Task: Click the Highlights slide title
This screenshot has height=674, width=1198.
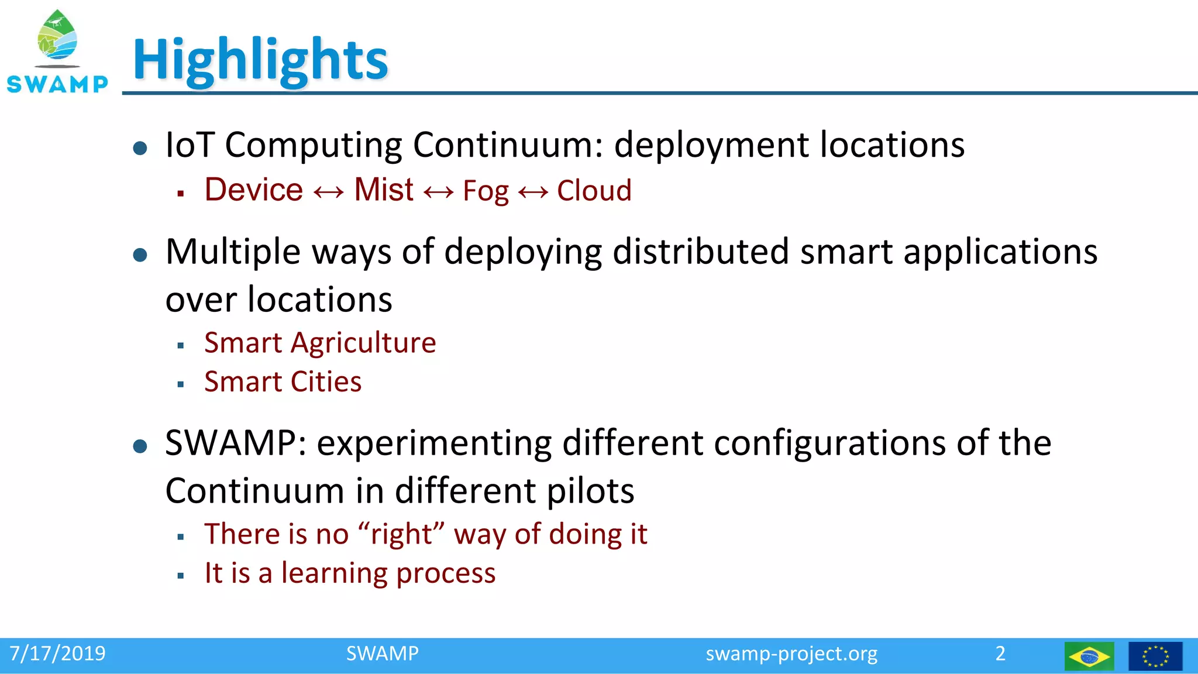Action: pyautogui.click(x=260, y=60)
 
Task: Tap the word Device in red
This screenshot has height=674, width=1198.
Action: pyautogui.click(x=254, y=190)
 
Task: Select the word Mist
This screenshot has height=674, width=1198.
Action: pyautogui.click(x=384, y=190)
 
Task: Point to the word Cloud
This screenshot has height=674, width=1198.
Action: pyautogui.click(x=594, y=191)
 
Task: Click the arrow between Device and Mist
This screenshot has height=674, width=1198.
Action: pyautogui.click(x=329, y=192)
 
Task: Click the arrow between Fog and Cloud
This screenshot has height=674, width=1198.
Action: pyautogui.click(x=533, y=192)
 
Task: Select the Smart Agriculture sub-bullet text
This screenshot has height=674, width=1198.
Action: pyautogui.click(x=320, y=343)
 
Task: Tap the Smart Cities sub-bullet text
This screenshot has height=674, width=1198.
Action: pyautogui.click(x=283, y=382)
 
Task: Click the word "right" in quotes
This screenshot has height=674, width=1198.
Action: pyautogui.click(x=401, y=534)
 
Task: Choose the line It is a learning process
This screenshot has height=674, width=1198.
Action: pyautogui.click(x=350, y=573)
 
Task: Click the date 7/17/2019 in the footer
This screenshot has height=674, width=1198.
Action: pyautogui.click(x=57, y=654)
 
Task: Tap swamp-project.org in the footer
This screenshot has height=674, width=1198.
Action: pyautogui.click(x=791, y=654)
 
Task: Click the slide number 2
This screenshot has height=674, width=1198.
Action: pyautogui.click(x=1000, y=654)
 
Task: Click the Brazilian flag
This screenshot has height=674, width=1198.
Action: pyautogui.click(x=1089, y=656)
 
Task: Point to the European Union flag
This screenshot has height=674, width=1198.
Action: pyautogui.click(x=1155, y=656)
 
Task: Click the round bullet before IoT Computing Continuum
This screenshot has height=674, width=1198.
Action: pyautogui.click(x=140, y=147)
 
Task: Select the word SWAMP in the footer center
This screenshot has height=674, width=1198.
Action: pyautogui.click(x=382, y=654)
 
